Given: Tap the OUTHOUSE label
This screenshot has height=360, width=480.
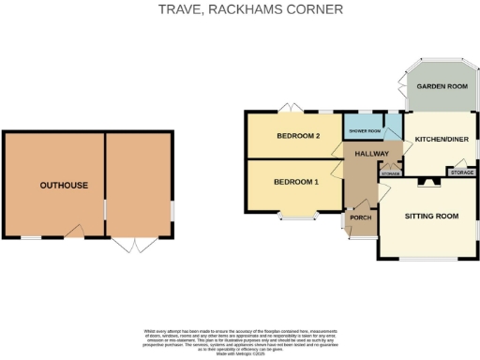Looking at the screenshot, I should (x=64, y=186).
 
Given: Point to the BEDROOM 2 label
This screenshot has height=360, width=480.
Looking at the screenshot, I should (x=298, y=137).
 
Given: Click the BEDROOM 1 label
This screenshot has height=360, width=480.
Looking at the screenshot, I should (x=296, y=181).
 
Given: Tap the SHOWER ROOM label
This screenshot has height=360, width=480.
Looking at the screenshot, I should (x=365, y=131).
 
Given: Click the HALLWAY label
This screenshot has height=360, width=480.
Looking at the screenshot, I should (x=371, y=153).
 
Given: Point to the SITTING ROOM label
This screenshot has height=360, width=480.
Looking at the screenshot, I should (x=431, y=217).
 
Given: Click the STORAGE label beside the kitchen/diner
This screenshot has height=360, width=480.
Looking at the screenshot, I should (x=461, y=172).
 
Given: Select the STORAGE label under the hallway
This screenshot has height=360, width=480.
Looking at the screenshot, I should (x=391, y=173).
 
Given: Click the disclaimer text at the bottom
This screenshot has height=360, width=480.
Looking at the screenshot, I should (x=240, y=339).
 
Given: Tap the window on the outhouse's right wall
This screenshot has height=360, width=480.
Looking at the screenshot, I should (x=173, y=209).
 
